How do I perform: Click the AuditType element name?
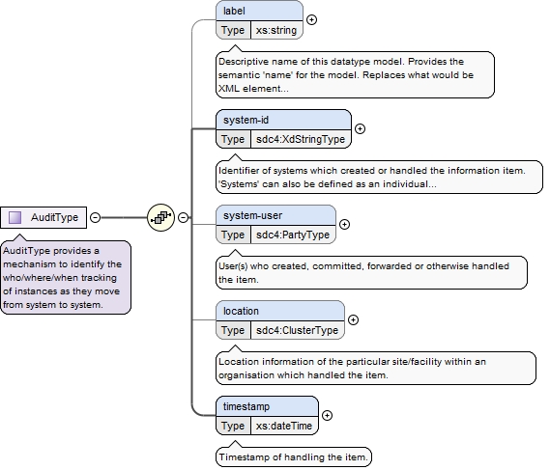[54, 217]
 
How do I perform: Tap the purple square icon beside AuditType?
[14, 217]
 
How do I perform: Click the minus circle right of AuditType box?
[95, 217]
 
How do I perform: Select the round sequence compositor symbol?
[161, 217]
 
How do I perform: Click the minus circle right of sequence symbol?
[183, 217]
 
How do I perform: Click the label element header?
[260, 11]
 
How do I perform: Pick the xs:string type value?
[276, 30]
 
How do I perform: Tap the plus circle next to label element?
[311, 19]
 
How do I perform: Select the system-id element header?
[284, 120]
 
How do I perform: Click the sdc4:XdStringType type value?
[301, 139]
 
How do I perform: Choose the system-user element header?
[276, 215]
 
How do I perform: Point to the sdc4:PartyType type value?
[293, 235]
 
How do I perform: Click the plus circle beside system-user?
[344, 224]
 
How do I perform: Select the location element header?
[280, 311]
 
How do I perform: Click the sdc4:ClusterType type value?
[297, 330]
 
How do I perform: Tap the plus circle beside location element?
[353, 319]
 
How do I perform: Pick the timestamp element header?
[268, 406]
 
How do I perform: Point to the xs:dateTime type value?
[284, 426]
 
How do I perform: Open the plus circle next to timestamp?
[327, 415]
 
